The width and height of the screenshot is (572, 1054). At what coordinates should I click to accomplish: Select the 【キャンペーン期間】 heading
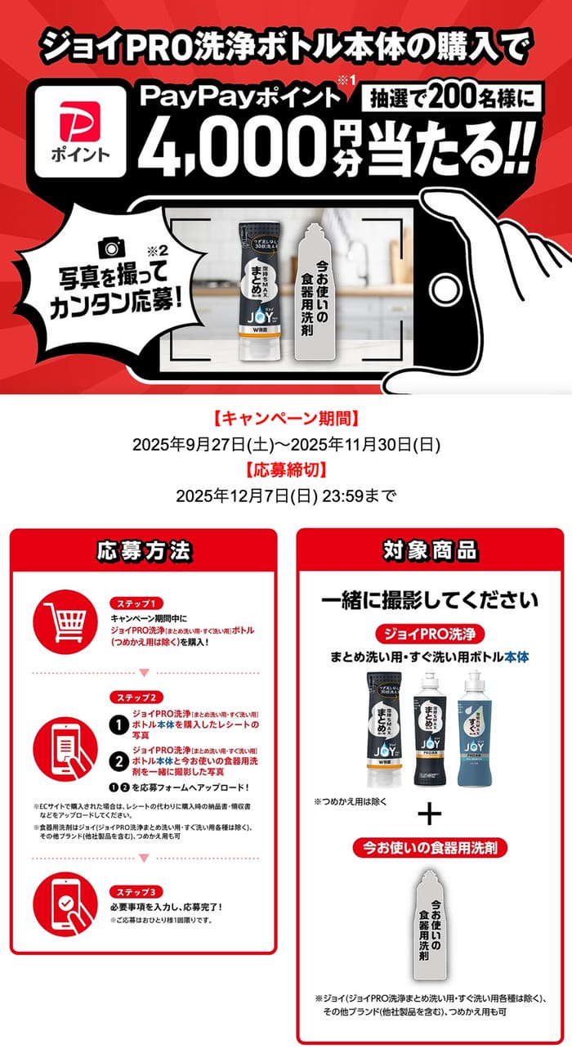[285, 421]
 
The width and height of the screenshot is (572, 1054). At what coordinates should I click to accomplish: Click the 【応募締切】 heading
[285, 470]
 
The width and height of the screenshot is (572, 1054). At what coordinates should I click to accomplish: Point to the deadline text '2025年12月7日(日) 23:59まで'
[285, 495]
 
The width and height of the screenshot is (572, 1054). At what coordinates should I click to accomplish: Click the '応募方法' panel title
[143, 550]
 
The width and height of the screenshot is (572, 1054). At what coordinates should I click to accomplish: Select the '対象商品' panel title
[429, 550]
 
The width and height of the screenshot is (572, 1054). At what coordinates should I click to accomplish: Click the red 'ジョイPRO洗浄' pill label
[429, 634]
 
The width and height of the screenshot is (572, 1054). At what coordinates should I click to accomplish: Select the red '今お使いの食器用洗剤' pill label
[429, 847]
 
